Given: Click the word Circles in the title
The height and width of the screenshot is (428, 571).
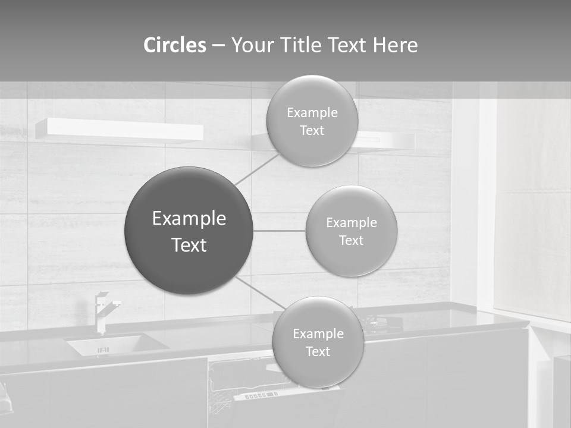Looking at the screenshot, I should [175, 45].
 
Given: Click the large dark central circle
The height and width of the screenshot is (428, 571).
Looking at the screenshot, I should [189, 231].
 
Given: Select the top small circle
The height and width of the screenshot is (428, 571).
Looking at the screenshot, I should [312, 121].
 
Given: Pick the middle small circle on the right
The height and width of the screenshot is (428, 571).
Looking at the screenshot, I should [351, 231].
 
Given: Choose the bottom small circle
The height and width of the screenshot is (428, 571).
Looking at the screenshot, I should [318, 342].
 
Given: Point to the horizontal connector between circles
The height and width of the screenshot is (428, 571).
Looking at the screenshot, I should [279, 231].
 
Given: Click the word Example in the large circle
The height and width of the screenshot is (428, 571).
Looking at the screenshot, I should [189, 218].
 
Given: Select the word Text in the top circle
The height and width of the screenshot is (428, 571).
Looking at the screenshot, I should [312, 131].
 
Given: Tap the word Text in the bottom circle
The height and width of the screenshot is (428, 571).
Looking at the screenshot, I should [318, 352].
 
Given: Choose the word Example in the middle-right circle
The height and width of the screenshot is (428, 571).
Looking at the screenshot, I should [351, 222].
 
